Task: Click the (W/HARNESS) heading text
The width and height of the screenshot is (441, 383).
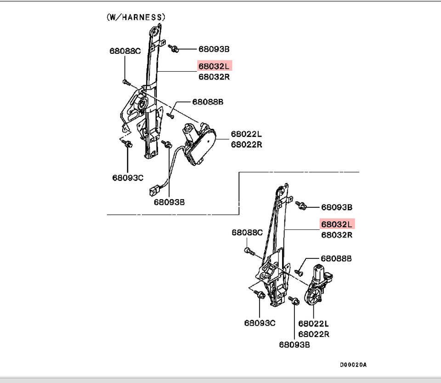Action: [136, 17]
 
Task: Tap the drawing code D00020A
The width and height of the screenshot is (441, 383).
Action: [353, 365]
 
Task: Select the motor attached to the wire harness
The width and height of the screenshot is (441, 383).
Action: [198, 143]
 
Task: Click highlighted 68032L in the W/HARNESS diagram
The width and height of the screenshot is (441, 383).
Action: [215, 66]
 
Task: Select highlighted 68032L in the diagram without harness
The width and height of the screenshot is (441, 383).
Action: [337, 224]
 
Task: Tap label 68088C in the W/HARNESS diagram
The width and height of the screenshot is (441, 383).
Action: [125, 51]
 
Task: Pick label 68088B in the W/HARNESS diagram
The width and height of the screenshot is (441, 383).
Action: [208, 102]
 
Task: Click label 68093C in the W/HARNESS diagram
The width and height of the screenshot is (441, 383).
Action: [128, 177]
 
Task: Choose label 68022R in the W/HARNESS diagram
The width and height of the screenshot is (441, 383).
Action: [246, 144]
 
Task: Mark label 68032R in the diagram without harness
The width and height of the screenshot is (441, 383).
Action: [337, 235]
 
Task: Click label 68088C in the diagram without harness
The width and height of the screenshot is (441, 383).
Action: [247, 233]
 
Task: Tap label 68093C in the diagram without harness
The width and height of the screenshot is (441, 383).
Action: [260, 323]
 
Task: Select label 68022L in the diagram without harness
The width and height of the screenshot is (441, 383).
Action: [314, 324]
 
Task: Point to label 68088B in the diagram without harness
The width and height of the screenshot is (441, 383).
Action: [336, 259]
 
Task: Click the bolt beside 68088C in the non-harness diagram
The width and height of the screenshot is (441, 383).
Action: [248, 251]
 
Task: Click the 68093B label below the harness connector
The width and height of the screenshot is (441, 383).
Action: [169, 202]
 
